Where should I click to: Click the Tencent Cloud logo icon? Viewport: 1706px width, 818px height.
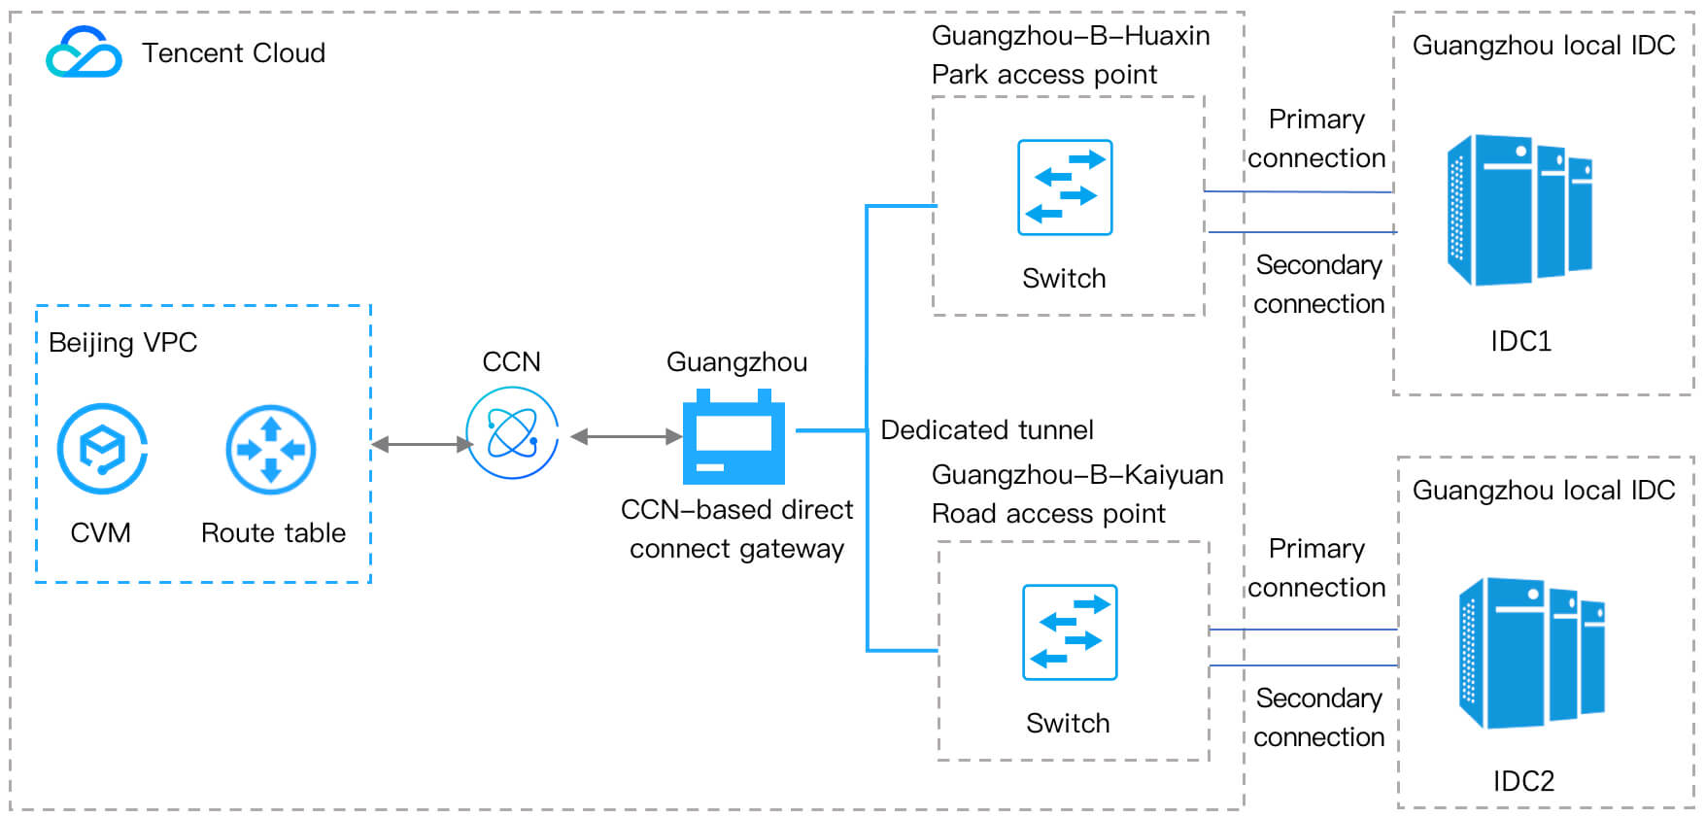click(84, 52)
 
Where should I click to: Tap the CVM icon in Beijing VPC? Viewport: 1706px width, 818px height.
click(102, 449)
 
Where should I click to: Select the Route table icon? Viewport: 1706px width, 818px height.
click(271, 449)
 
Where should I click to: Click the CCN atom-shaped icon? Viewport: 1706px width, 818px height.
click(512, 432)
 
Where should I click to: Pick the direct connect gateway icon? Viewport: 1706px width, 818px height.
click(734, 437)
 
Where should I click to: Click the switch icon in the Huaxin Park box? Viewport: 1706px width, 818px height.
click(1065, 187)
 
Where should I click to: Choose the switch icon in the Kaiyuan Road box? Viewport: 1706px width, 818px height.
click(1070, 632)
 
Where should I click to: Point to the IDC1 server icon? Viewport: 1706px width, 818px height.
click(1518, 210)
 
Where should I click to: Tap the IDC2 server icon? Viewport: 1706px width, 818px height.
click(1531, 653)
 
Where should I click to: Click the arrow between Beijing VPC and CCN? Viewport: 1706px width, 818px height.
click(422, 444)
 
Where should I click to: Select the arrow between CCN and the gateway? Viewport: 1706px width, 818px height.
click(627, 437)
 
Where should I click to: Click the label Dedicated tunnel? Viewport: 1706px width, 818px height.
click(986, 429)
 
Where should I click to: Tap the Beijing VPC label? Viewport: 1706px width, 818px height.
click(122, 342)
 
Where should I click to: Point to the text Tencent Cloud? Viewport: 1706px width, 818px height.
click(233, 52)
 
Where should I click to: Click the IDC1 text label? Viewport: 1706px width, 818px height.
click(1520, 341)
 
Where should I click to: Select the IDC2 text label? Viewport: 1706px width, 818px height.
click(1523, 781)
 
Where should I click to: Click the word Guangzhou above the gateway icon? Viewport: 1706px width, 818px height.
click(736, 362)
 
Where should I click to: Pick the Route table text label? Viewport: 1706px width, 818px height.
click(273, 532)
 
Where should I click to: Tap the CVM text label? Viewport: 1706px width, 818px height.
click(100, 532)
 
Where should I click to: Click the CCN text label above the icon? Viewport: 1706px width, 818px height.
click(511, 361)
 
